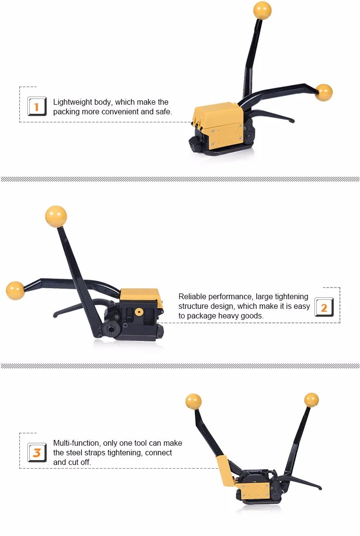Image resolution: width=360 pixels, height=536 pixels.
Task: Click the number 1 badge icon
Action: (37, 106)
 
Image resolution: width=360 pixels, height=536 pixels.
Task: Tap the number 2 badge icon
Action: (324, 307)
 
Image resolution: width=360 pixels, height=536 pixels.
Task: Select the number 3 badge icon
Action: (37, 452)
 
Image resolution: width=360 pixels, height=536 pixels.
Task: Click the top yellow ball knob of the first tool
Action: (262, 10)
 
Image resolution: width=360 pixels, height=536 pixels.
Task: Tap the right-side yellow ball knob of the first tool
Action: (324, 92)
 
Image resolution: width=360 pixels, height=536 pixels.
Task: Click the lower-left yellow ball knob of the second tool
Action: (15, 291)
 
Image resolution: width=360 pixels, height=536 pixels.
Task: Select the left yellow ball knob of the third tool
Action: (193, 401)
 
